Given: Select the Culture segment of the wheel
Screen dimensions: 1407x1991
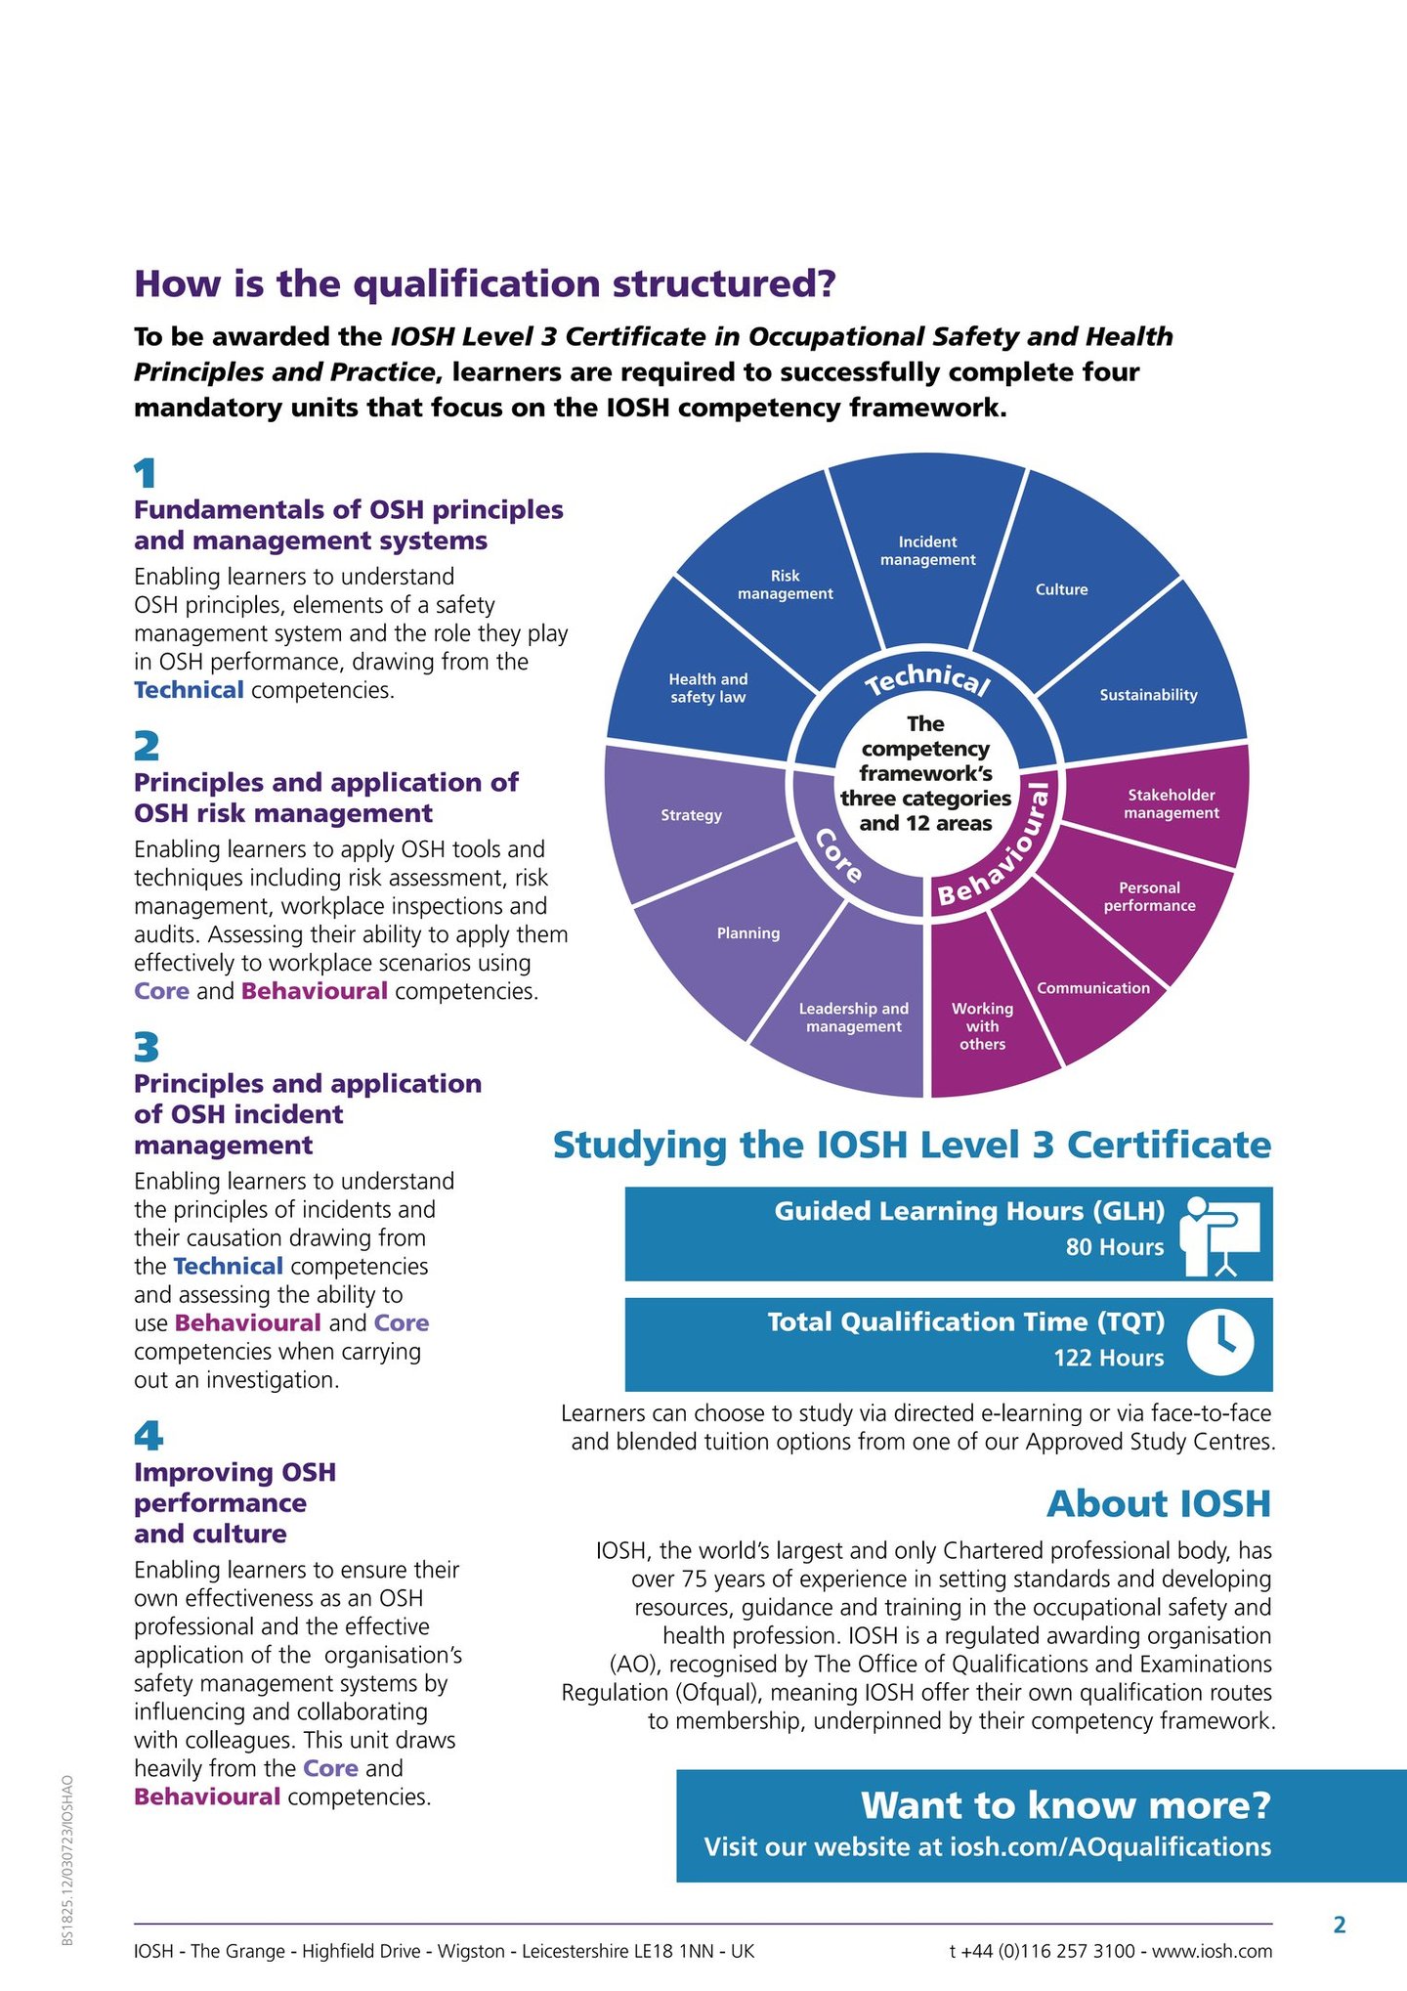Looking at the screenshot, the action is pos(1062,589).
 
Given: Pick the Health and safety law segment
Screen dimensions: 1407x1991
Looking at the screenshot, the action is pos(707,688).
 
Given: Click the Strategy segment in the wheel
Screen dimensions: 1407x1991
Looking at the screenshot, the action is pos(692,815).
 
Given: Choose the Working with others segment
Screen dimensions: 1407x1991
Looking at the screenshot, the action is pos(982,1025).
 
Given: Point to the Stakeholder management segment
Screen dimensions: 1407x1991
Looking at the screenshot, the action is pos(1172,804).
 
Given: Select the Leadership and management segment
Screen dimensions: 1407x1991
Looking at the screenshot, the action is pos(854,1017).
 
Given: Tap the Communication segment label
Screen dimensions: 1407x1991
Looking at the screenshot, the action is pos(1093,988).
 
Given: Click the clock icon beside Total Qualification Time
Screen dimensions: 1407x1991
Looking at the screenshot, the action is pos(1220,1344).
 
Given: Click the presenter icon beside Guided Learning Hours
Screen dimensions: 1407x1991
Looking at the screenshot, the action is pos(1220,1235).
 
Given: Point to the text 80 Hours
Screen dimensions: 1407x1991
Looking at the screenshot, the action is pos(1115,1247).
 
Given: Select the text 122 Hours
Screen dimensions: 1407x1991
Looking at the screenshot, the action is pos(1109,1358).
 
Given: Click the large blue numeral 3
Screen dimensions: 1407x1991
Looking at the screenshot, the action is pos(147,1048).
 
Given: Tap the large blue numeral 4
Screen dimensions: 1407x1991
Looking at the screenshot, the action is pos(149,1436).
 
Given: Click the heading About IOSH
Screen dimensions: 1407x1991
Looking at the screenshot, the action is pos(1159,1504).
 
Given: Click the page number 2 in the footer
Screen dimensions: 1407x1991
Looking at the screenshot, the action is pos(1340,1925).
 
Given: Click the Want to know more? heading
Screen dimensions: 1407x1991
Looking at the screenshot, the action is pos(1066,1805).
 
